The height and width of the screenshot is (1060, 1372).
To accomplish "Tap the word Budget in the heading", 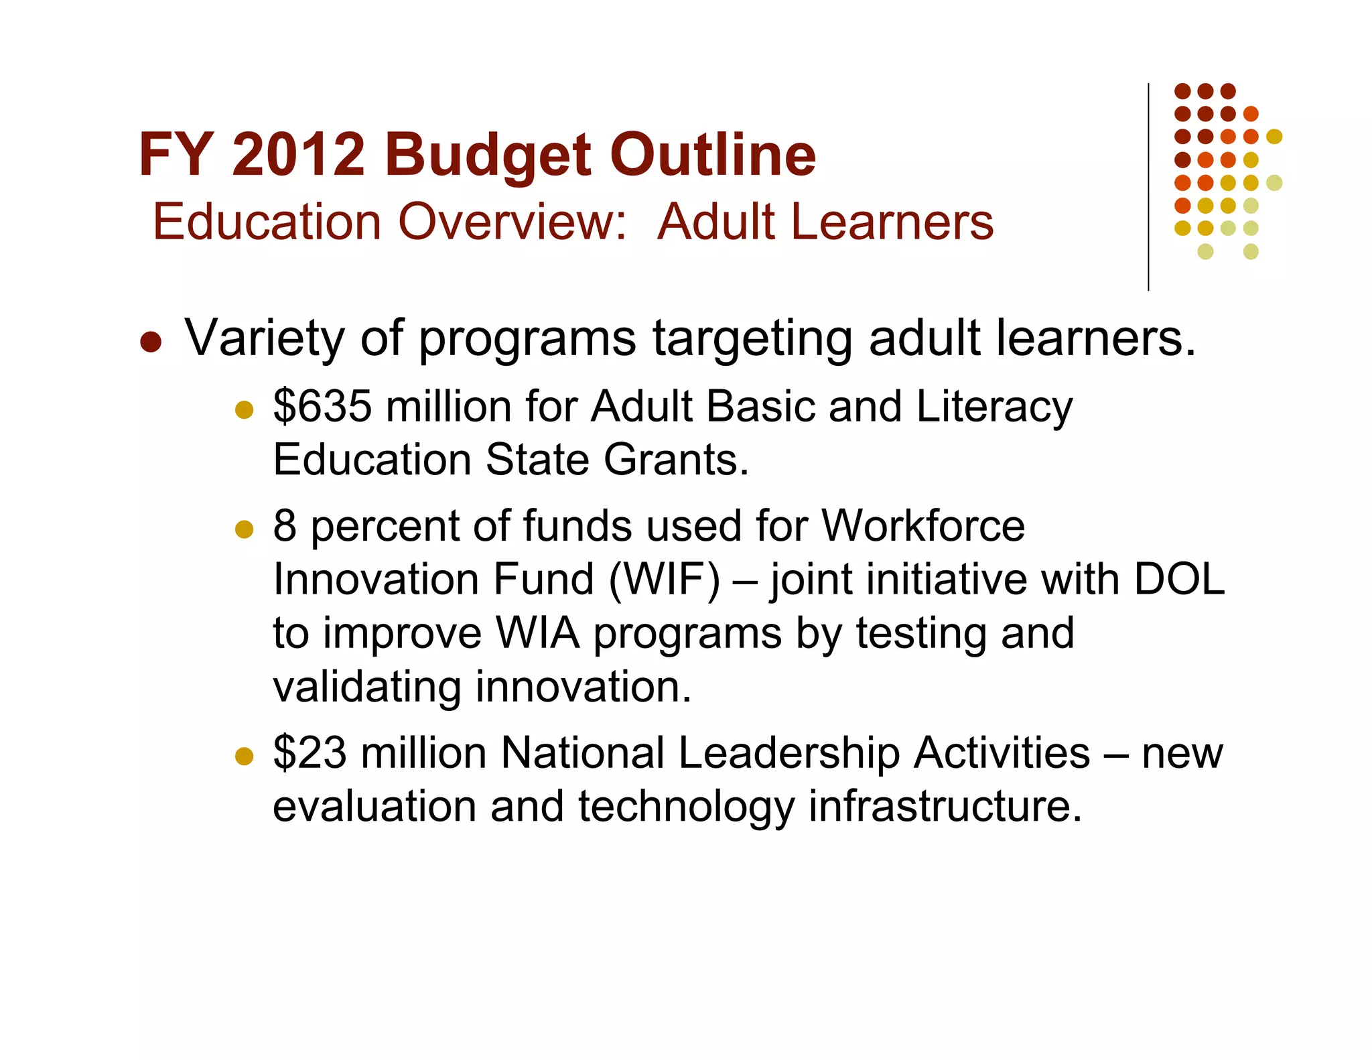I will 488,156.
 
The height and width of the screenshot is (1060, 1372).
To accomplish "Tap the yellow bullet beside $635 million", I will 245,409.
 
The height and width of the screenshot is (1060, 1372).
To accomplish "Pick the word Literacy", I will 994,407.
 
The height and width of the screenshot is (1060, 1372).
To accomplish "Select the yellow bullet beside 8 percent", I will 245,529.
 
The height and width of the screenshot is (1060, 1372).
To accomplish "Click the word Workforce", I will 923,525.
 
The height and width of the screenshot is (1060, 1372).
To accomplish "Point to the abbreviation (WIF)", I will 664,580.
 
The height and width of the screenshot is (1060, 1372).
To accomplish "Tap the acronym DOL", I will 1179,579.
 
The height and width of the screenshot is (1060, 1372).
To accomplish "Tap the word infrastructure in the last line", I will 945,806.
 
